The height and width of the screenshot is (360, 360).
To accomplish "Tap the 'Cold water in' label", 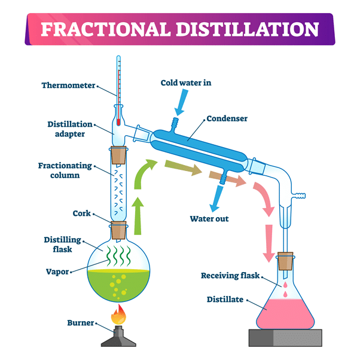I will (x=186, y=83).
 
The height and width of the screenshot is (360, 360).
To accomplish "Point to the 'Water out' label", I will (x=209, y=218).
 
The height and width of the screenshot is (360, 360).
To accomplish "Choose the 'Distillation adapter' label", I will (x=70, y=129).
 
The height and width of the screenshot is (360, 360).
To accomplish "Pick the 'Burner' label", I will (x=80, y=324).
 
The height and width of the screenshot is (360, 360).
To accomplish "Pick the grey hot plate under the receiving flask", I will (x=286, y=338).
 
